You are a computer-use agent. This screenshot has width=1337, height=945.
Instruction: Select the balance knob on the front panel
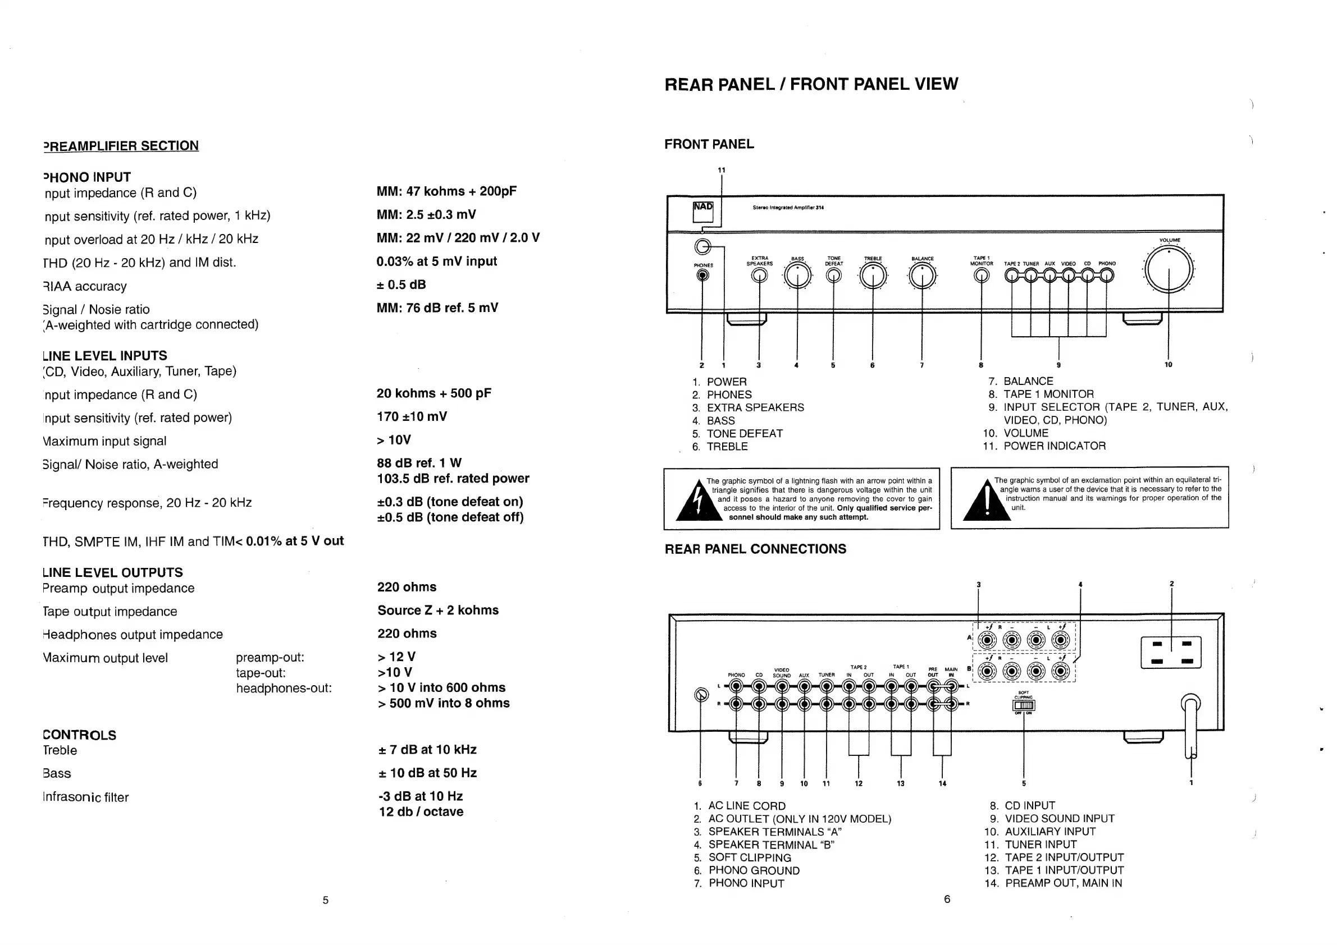tap(923, 276)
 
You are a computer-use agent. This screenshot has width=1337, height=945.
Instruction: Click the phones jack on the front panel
tap(703, 275)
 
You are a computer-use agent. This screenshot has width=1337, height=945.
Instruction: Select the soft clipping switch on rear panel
tap(1024, 706)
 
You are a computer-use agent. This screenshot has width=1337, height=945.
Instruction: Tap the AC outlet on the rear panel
tap(1171, 652)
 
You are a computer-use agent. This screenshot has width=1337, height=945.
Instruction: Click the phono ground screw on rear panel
tap(702, 695)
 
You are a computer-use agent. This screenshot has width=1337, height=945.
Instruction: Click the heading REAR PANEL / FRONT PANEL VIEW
tap(811, 84)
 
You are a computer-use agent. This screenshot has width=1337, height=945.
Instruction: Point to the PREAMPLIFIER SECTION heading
tap(121, 145)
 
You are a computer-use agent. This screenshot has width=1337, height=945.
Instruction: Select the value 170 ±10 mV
tap(412, 416)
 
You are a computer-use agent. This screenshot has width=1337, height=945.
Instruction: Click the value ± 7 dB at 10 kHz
tap(427, 750)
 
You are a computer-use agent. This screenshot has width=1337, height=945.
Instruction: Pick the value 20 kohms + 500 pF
tap(434, 393)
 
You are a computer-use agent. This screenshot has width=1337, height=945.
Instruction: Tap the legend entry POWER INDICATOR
tap(1054, 446)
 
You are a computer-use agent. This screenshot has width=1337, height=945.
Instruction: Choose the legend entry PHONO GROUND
tap(754, 870)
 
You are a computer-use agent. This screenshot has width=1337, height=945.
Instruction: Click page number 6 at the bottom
tap(947, 899)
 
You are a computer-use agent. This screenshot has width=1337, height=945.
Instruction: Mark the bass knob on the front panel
tap(797, 276)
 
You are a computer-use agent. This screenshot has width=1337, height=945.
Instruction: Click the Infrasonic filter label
tap(85, 797)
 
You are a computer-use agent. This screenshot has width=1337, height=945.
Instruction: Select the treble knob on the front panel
tap(872, 276)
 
